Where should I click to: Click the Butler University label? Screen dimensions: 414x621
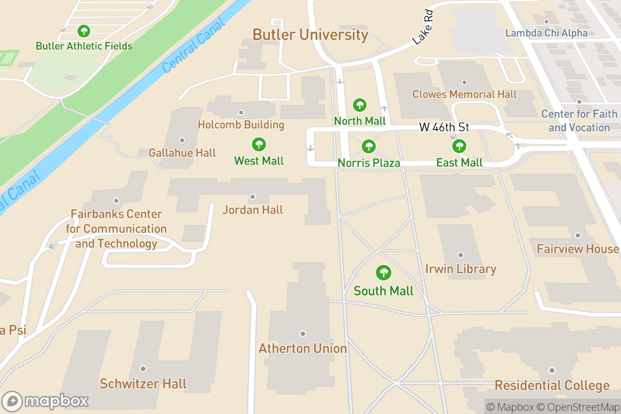pos(310,35)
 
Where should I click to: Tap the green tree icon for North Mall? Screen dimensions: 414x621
pos(360,106)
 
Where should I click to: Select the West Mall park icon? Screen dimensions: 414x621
pos(258,145)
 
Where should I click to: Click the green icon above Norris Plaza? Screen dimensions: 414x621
pos(368,147)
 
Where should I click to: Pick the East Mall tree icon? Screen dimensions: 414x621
pos(459,147)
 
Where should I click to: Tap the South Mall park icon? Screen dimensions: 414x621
pos(383,273)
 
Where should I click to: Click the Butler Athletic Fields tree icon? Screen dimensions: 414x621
pos(83,31)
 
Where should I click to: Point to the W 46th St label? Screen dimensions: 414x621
pos(444,128)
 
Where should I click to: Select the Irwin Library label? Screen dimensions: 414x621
pos(461,269)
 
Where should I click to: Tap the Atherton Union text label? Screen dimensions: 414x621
pos(303,348)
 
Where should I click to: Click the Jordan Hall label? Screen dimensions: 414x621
pos(253,210)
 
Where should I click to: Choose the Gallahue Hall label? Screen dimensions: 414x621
pos(182,153)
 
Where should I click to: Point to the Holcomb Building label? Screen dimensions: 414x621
pos(241,125)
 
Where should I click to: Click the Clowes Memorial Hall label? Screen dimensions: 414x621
pos(464,94)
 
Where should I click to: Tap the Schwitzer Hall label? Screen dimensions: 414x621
pos(143,383)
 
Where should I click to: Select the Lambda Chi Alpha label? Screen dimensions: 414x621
pos(546,33)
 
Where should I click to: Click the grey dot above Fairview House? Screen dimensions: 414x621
pos(578,235)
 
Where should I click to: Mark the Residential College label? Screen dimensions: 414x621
pos(552,386)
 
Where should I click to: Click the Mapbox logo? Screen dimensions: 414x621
pos(47,401)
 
